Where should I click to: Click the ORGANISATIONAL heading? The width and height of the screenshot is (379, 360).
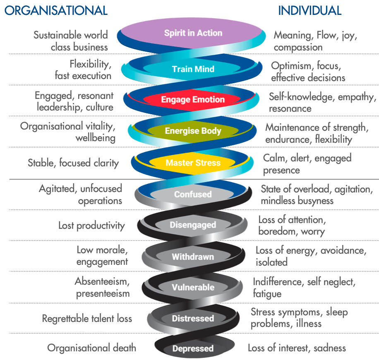(56, 10)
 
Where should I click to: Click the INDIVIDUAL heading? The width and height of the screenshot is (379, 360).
(309, 10)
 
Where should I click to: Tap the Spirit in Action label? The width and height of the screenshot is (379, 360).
(193, 33)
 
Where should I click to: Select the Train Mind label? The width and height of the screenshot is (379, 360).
(193, 69)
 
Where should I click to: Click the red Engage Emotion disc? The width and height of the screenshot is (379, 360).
(193, 100)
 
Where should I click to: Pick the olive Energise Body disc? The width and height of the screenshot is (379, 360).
(193, 131)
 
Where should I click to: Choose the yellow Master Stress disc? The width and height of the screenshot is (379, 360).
(193, 163)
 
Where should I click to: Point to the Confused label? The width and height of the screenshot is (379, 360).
(193, 194)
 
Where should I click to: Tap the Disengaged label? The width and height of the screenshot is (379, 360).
(193, 225)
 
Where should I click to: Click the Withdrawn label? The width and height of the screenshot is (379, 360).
(193, 257)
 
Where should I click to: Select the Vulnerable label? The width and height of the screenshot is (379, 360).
(193, 287)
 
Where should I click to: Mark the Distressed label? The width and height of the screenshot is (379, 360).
(193, 318)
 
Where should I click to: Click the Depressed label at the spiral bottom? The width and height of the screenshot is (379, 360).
(193, 348)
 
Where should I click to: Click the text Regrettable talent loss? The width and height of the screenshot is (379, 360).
(87, 318)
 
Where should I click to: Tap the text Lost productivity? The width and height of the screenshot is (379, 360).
(91, 225)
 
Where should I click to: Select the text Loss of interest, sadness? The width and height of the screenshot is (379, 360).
(297, 348)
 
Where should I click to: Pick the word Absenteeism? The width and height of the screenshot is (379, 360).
(102, 282)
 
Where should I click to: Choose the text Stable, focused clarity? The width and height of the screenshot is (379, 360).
(73, 163)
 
